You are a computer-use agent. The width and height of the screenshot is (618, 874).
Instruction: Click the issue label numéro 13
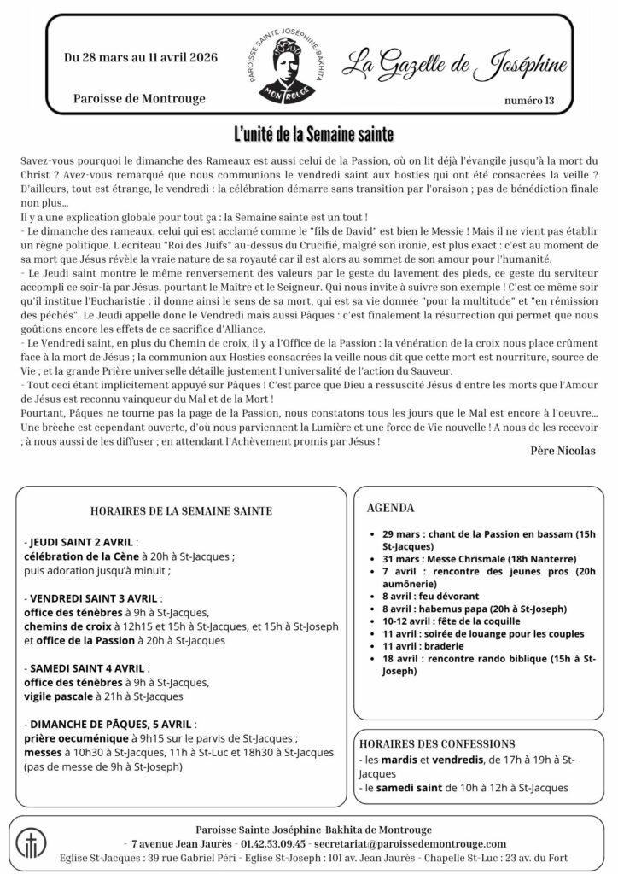pyautogui.click(x=529, y=102)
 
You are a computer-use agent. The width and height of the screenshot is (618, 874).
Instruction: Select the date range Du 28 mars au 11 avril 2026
pyautogui.click(x=141, y=58)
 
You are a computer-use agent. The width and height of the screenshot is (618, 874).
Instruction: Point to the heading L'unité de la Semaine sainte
pyautogui.click(x=313, y=135)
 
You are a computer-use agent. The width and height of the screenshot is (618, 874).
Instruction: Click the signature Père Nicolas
pyautogui.click(x=563, y=450)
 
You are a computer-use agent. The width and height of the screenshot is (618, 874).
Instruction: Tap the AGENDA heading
pyautogui.click(x=390, y=508)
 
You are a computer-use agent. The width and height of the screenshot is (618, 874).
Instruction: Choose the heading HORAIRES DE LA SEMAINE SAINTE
pyautogui.click(x=181, y=511)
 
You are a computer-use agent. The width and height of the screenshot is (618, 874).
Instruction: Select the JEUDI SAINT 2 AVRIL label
pyautogui.click(x=82, y=542)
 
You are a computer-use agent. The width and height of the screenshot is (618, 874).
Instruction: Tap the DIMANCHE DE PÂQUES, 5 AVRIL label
pyautogui.click(x=111, y=723)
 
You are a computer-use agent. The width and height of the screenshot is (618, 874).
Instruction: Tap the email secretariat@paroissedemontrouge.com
pyautogui.click(x=410, y=842)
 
